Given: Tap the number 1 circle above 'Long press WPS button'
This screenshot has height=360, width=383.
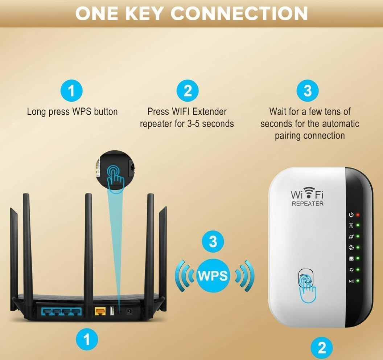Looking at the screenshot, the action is coord(71,91).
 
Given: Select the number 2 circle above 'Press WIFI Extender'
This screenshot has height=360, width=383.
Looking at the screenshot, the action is coord(188,91).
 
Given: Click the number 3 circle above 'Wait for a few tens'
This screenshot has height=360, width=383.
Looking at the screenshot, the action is coord(308,91).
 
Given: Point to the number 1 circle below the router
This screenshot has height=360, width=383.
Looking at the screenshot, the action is coord(87,339).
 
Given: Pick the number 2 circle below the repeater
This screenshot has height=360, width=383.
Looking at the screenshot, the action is coord(322,348).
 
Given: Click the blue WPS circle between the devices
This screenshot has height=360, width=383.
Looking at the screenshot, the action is coord(213,276).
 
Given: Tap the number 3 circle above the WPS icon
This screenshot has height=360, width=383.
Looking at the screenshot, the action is coord(213,241).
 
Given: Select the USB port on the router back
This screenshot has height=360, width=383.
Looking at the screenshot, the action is coord(112,311).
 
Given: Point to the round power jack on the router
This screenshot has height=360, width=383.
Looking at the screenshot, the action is coord(129,311).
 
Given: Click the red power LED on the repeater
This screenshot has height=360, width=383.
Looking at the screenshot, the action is coord(358,215).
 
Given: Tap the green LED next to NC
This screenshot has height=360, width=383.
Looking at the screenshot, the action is coord(358,281).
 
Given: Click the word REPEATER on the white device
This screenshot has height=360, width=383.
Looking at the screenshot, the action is coord(308,204).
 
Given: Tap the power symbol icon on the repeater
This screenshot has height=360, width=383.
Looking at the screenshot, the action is coord(351,214).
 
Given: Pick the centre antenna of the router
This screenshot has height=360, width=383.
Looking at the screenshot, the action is coord(88,244).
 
